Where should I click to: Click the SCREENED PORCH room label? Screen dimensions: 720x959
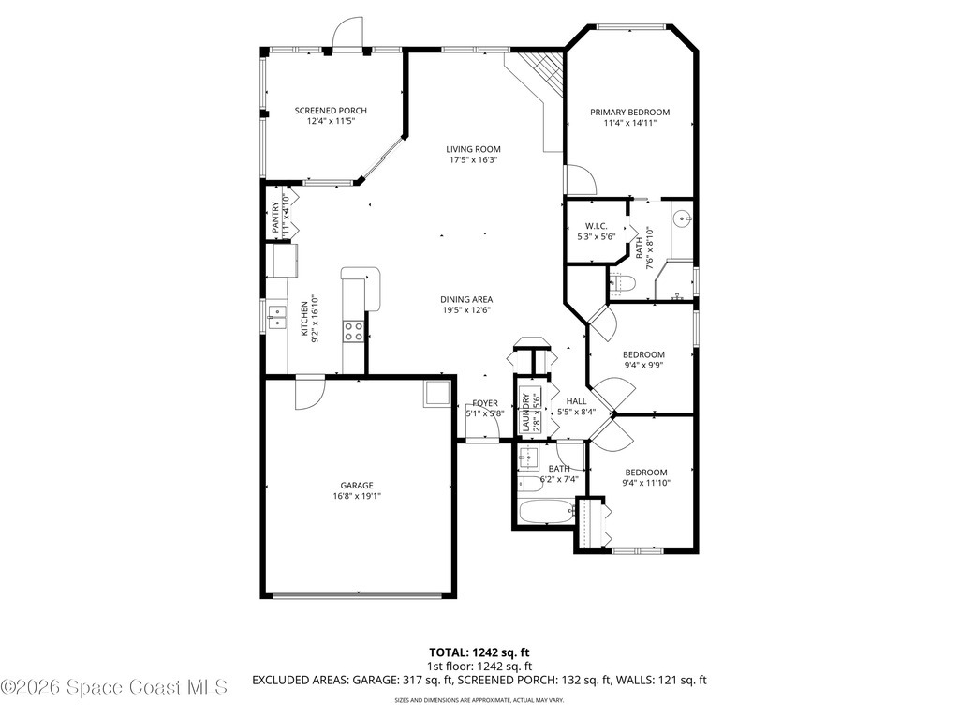(x=331, y=111)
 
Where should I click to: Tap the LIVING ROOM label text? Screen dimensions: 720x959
(x=473, y=149)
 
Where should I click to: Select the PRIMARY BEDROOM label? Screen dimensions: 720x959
(x=629, y=112)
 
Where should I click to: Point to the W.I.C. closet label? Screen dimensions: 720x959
(x=597, y=226)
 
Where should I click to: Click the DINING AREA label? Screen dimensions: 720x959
(x=466, y=300)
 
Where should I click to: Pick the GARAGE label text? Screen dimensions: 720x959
(x=357, y=485)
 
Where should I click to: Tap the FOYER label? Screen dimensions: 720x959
(x=485, y=403)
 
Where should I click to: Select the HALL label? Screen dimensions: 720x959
(x=576, y=401)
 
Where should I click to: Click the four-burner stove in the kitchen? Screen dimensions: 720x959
(x=353, y=330)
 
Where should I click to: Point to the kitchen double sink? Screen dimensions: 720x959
(x=275, y=314)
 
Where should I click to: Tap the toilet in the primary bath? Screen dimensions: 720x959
(x=623, y=282)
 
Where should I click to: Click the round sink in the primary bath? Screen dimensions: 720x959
(x=681, y=219)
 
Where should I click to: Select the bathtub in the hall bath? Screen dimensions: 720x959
(x=545, y=513)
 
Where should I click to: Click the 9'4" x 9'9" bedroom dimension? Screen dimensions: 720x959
(x=643, y=366)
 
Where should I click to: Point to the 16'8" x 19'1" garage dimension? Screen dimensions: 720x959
(x=357, y=497)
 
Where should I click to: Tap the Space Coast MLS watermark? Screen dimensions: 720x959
(x=114, y=687)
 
